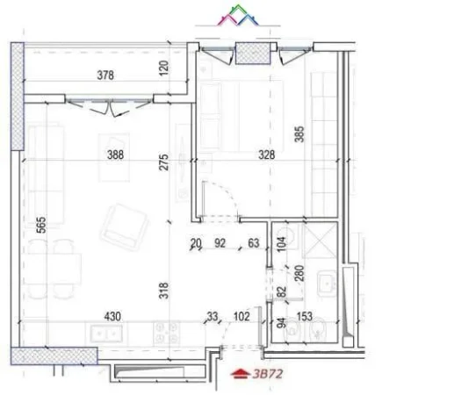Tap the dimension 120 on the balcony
(163, 69)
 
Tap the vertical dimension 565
(40, 225)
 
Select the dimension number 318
(163, 290)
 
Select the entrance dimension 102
(242, 316)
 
